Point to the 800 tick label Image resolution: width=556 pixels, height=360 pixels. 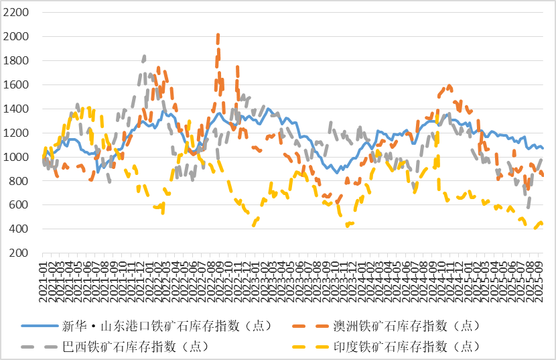(19, 182)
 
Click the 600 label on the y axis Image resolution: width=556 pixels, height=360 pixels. (19, 205)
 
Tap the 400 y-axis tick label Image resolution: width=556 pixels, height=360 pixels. (19, 229)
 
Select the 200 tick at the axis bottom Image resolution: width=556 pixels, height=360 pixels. (19, 253)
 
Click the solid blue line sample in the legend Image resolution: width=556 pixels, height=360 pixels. (40, 326)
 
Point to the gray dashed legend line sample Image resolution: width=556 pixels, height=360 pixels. (40, 347)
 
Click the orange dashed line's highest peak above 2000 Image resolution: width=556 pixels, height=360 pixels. (218, 34)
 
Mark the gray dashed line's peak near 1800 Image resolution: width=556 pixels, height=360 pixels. (144, 56)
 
